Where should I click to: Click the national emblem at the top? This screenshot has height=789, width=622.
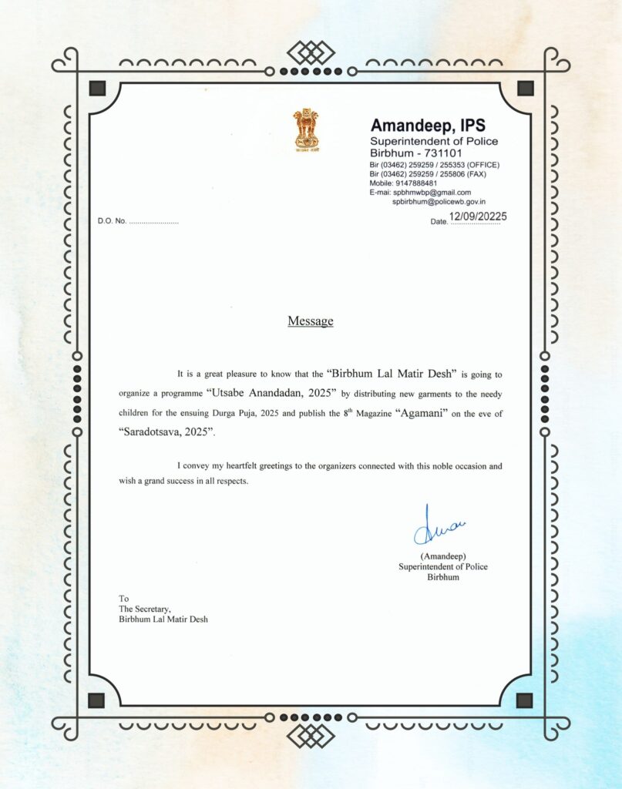point(305,130)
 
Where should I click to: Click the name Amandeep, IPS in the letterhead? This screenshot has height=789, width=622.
point(428,125)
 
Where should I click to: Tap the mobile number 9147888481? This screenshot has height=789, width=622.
point(417,183)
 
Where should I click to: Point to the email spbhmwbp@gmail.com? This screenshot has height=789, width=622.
point(432,193)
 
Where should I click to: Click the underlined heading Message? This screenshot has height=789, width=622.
point(311,321)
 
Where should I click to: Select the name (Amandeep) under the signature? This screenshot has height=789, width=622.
point(443,556)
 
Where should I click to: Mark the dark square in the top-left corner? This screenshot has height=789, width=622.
point(97,87)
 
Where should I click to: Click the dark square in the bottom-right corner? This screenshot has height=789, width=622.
point(524,700)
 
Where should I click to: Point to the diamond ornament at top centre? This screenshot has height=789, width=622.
point(311,52)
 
